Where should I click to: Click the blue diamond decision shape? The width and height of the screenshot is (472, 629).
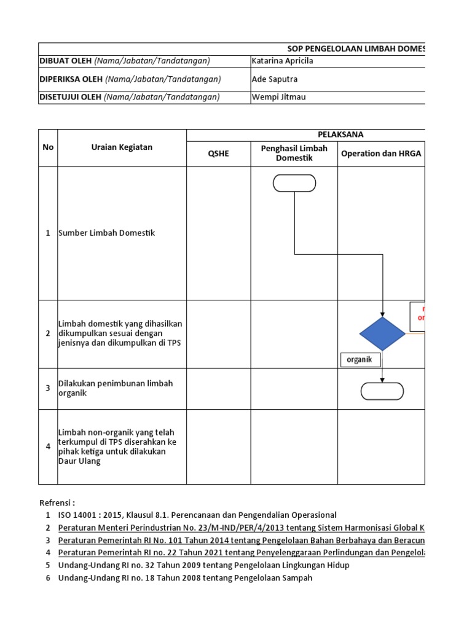tap(382, 334)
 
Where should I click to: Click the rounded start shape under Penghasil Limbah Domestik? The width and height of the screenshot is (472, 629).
tap(294, 183)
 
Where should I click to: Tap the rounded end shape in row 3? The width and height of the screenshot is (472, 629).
tap(382, 391)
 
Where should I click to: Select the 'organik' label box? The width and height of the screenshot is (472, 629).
tap(360, 360)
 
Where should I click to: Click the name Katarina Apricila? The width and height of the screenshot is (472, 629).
tap(283, 61)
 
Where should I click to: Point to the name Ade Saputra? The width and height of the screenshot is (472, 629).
tap(276, 79)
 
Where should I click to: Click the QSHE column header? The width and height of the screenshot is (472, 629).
tap(218, 154)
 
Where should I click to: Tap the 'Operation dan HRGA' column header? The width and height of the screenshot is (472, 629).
tap(381, 154)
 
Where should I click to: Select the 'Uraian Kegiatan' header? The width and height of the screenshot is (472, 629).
tap(122, 147)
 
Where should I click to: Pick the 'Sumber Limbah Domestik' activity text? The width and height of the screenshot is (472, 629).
tap(107, 233)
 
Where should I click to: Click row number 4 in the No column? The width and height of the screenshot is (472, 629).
tap(48, 447)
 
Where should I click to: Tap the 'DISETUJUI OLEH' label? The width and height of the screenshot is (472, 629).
tap(70, 98)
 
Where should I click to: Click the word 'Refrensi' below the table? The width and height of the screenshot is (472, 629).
tap(57, 502)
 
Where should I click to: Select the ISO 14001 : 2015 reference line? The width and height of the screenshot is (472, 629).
tap(197, 515)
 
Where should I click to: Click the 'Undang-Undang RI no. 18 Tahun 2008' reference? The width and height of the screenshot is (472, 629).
tap(185, 578)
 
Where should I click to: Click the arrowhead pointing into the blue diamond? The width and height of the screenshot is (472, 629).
tap(383, 313)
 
